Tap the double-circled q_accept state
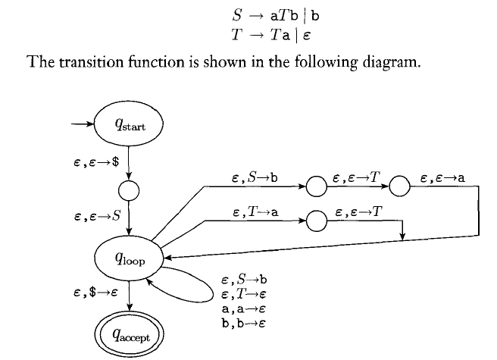click(x=128, y=332)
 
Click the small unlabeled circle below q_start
click(x=130, y=189)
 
